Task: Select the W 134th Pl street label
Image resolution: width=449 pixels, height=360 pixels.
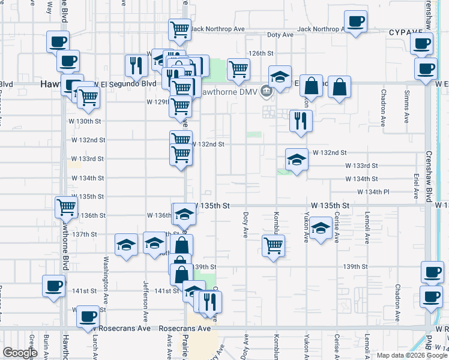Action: click(x=373, y=192)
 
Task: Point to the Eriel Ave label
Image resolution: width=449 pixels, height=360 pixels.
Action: click(x=415, y=187)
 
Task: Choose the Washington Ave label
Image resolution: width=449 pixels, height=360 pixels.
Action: click(x=106, y=274)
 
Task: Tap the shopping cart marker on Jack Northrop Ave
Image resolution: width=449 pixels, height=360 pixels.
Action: click(x=179, y=28)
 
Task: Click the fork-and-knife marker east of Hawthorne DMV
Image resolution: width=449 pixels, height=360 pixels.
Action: click(x=300, y=120)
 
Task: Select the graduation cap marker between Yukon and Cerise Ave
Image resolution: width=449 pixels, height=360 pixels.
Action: click(x=321, y=228)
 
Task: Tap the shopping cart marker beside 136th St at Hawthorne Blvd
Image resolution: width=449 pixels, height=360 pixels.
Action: click(x=66, y=207)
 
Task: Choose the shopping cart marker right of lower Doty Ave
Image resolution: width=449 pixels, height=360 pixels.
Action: click(x=273, y=245)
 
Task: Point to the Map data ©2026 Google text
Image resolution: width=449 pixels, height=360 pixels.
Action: click(x=411, y=355)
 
